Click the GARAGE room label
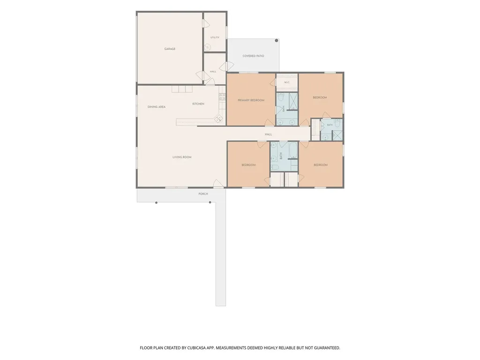(170, 49)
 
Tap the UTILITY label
(215, 37)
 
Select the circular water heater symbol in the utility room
(208, 47)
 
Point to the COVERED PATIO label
(253, 56)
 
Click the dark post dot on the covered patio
(277, 40)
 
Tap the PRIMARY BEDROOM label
(251, 100)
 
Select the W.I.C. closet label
(287, 82)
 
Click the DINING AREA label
(157, 107)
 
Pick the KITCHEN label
(198, 104)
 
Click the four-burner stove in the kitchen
(222, 97)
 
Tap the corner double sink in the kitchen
(218, 119)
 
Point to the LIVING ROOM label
(182, 157)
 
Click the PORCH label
(203, 194)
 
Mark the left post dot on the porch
(157, 202)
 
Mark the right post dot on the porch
(210, 202)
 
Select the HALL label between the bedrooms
(268, 135)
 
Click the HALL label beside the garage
(213, 72)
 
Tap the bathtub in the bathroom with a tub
(292, 150)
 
